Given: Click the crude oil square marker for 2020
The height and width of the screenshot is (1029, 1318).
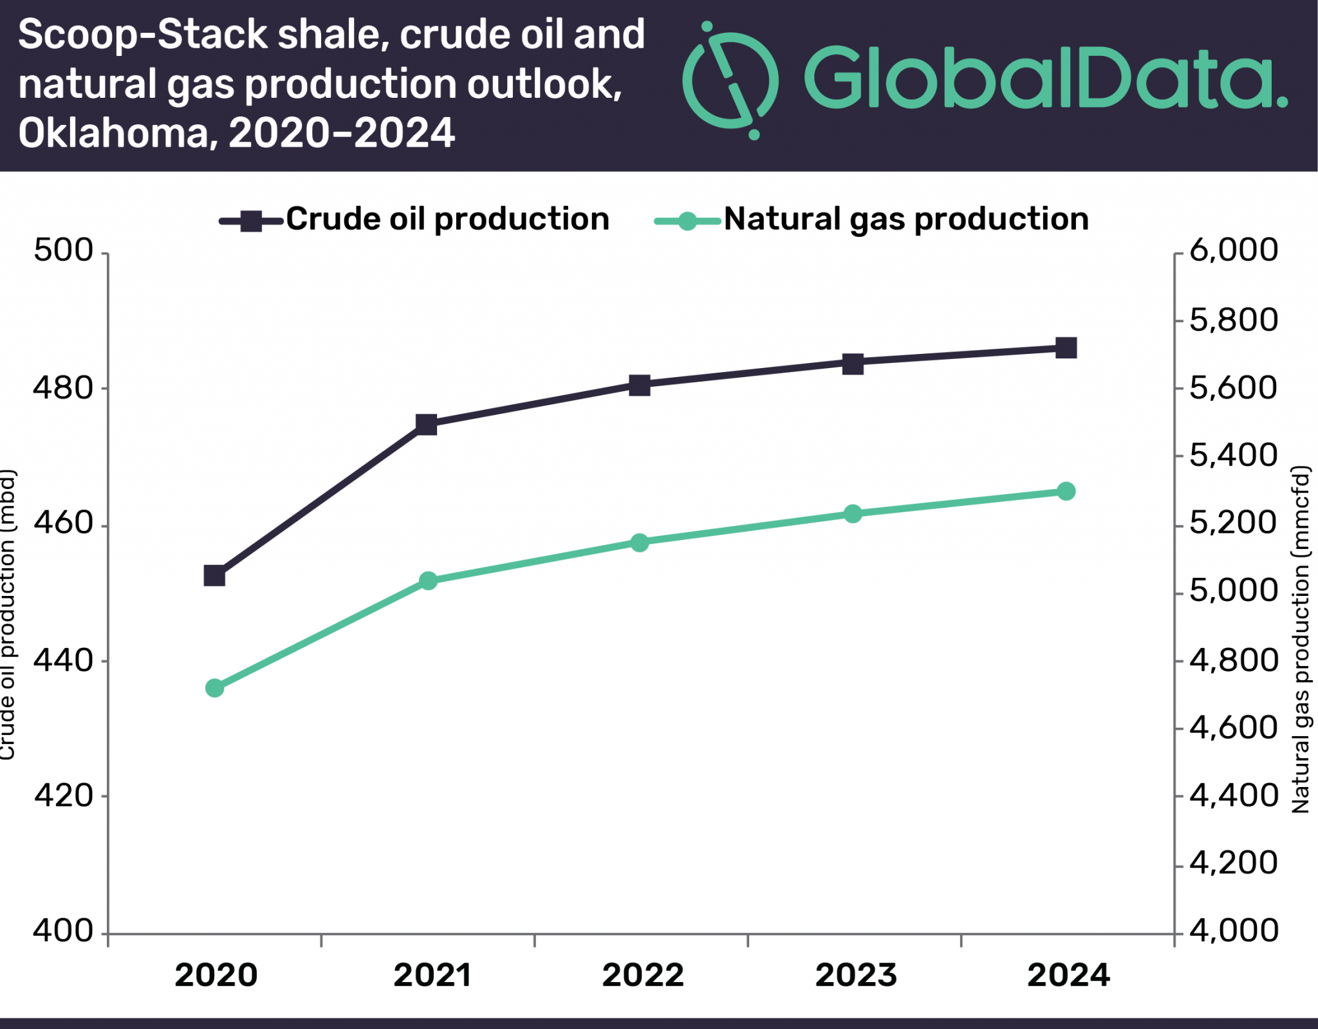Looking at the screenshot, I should [214, 575].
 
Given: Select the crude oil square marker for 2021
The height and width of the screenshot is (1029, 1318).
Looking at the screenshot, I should [427, 425].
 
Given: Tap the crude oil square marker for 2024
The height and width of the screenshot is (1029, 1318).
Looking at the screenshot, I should [1066, 348].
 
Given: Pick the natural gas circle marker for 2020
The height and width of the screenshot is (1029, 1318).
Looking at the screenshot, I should [214, 688].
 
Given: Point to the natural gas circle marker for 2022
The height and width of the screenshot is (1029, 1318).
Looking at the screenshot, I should [639, 542].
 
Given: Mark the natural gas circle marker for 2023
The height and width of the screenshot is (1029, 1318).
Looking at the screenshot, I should [853, 514].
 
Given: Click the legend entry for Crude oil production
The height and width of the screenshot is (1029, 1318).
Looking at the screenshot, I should [415, 220].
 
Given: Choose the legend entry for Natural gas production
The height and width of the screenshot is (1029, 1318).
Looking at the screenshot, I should [872, 220].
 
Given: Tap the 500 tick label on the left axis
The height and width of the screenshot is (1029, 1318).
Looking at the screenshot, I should [63, 250].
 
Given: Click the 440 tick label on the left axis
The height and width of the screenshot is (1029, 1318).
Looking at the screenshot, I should [63, 660].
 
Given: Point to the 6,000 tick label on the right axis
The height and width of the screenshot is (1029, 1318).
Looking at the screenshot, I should [1233, 250].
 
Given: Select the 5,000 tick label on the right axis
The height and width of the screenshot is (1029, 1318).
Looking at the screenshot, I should [1233, 590].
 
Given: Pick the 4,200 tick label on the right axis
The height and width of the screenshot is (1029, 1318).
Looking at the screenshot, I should [1233, 863].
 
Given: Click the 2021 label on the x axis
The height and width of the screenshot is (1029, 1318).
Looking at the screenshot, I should [432, 975].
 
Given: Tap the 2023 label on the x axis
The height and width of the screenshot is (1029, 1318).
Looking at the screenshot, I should [856, 975].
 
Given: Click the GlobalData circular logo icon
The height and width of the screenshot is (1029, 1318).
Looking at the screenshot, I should [730, 80].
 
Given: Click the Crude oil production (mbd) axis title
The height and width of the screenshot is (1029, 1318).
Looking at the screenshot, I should [7, 615].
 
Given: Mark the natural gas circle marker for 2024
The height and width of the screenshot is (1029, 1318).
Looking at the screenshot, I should [1066, 492].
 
